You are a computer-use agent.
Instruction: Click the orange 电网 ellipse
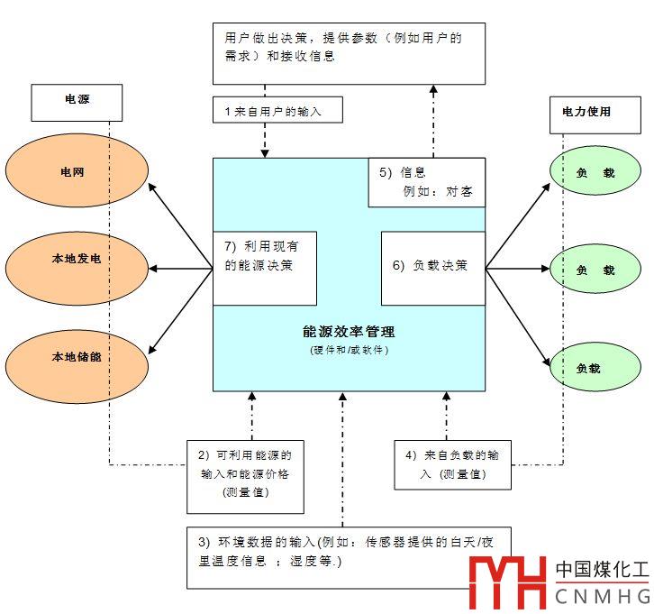[76, 171]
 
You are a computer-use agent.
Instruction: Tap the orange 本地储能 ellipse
[76, 357]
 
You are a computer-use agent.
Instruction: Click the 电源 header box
[77, 102]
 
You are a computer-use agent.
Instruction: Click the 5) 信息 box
[427, 182]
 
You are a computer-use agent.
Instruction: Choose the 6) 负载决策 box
[433, 267]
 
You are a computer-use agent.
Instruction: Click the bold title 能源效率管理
[350, 332]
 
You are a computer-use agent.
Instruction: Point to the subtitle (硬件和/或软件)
[350, 349]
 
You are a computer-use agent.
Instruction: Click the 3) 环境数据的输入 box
[349, 552]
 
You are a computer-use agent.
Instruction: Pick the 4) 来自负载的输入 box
[452, 463]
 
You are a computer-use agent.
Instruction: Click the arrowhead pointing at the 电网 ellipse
[152, 187]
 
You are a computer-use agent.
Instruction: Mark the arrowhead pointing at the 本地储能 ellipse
[151, 346]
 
